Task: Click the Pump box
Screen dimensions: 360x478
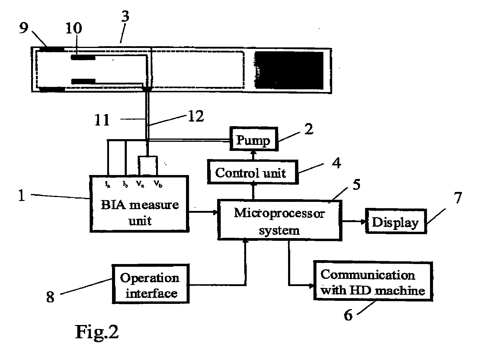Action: pos(253,140)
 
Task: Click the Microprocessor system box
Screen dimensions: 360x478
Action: pos(279,220)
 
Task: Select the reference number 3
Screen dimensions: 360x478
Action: pos(125,16)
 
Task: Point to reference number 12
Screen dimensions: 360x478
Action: pos(196,116)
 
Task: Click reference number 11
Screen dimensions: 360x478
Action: pos(102,120)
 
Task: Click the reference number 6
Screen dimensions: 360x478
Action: pos(348,315)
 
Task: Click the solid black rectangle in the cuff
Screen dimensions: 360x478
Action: pos(289,70)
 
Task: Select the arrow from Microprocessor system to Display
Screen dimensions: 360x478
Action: pos(354,221)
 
